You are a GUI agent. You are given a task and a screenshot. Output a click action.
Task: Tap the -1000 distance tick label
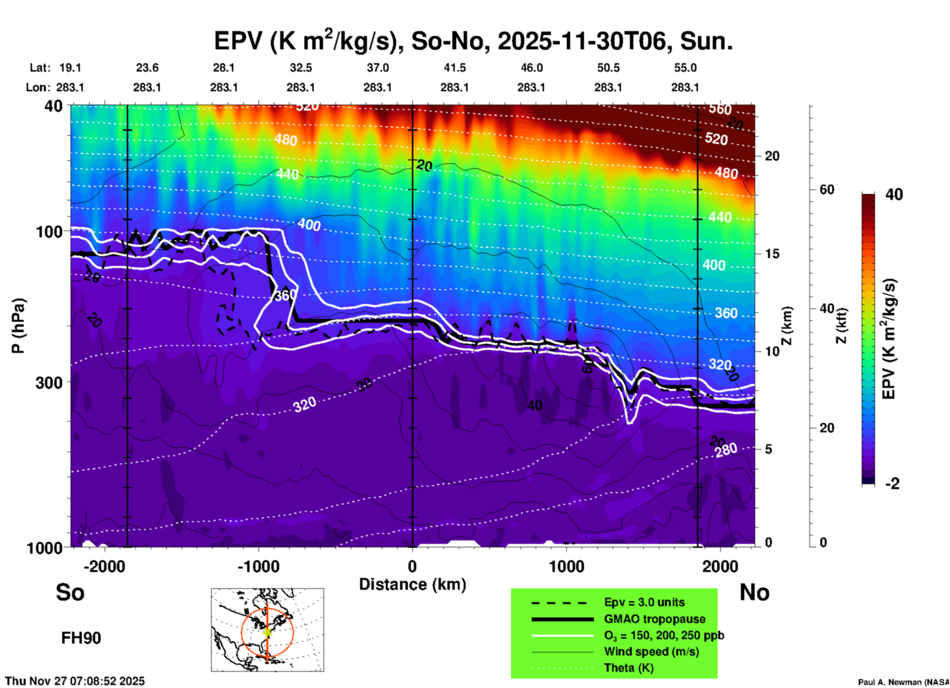(x=258, y=567)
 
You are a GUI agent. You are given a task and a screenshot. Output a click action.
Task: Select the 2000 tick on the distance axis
(x=721, y=567)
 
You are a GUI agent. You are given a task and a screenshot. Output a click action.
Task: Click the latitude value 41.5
(x=454, y=68)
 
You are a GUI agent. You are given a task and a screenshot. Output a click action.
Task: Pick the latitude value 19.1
(x=70, y=68)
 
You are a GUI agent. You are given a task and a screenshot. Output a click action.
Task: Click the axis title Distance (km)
(x=412, y=584)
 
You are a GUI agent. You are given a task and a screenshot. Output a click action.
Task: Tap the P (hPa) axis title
(x=18, y=326)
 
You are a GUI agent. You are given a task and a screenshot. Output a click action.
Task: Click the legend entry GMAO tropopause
(x=655, y=619)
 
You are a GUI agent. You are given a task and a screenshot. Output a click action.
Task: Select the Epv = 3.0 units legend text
(x=644, y=603)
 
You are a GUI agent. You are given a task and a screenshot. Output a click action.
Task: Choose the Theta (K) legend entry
(x=629, y=668)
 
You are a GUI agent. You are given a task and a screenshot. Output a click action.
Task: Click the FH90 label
(x=81, y=638)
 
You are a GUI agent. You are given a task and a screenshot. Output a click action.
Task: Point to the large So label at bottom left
(x=70, y=592)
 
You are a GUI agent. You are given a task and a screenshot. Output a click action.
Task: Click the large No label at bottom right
(x=754, y=592)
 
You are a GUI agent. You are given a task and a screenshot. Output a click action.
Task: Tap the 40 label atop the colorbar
(x=894, y=194)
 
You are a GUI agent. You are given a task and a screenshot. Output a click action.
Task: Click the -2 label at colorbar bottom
(x=892, y=484)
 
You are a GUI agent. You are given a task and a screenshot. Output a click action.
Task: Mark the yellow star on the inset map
(x=267, y=632)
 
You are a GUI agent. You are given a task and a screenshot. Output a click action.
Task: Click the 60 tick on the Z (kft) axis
(x=827, y=190)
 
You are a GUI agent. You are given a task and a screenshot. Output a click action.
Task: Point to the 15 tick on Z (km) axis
(x=772, y=254)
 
